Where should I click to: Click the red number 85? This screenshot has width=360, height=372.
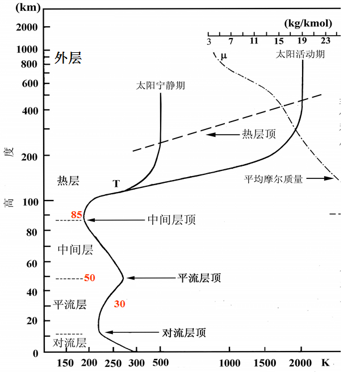(77, 215)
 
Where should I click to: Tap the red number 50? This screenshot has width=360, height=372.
(90, 278)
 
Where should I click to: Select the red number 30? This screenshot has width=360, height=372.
(119, 304)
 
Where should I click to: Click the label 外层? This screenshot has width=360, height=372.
(68, 58)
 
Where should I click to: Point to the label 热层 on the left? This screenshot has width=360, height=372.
(68, 181)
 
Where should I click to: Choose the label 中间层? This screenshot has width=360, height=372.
(75, 249)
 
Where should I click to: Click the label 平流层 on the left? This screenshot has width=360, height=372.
(69, 305)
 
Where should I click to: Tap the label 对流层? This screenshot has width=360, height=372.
(69, 342)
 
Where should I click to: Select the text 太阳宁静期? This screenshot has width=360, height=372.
(161, 86)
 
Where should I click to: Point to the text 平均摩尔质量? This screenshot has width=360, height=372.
(274, 179)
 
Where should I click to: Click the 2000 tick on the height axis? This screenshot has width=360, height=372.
(27, 27)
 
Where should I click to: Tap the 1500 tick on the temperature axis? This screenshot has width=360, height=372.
(266, 363)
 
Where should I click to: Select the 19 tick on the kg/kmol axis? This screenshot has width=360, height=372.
(302, 41)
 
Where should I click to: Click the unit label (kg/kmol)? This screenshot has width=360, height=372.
(307, 23)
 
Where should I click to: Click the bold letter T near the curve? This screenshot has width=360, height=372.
(116, 183)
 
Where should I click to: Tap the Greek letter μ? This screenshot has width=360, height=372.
(223, 55)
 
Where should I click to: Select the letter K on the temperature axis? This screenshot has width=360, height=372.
(326, 363)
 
